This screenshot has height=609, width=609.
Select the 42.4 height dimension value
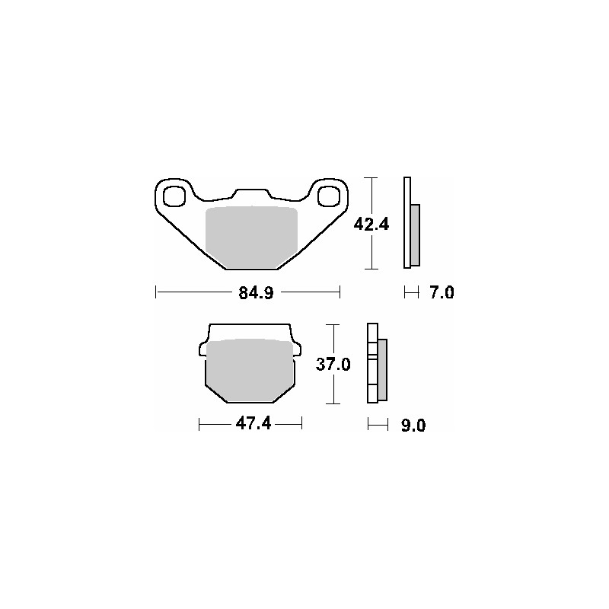click(371, 225)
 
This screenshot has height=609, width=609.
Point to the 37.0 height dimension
click(333, 365)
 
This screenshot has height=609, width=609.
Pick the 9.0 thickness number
click(412, 426)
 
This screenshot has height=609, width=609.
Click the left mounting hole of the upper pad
click(174, 195)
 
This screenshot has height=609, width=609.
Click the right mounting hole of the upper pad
click(328, 195)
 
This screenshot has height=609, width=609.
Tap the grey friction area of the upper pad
click(251, 232)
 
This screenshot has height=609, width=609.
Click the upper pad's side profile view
click(410, 222)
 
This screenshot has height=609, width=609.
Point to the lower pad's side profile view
click(376, 363)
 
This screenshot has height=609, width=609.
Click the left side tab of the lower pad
click(202, 349)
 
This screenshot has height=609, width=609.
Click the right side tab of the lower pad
click(296, 349)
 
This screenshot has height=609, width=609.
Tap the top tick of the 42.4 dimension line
click(370, 178)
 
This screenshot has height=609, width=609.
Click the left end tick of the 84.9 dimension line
click(155, 292)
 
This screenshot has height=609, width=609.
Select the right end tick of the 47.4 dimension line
click(302, 424)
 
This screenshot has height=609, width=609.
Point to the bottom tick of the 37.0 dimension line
click(333, 403)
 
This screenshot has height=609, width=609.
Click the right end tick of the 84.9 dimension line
click(340, 292)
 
